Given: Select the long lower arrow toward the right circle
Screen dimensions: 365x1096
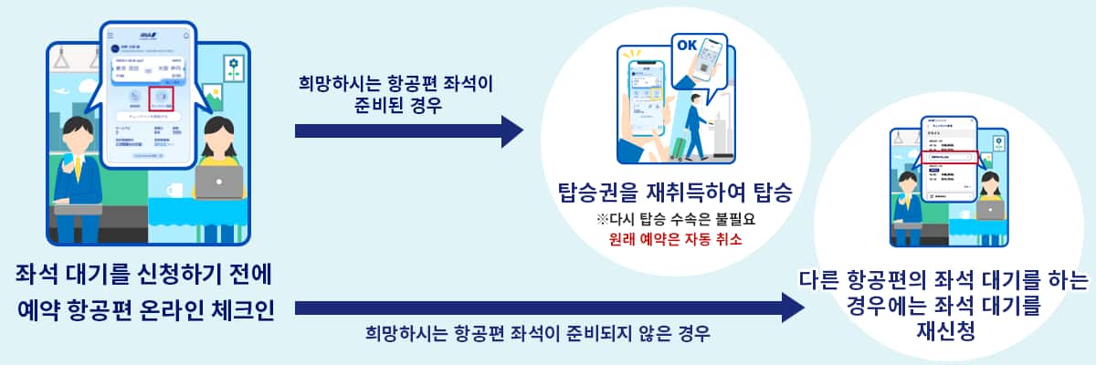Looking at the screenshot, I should [548, 308].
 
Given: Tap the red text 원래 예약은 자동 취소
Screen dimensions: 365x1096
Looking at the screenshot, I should [676, 240].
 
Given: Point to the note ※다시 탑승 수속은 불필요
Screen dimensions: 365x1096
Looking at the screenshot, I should [676, 220].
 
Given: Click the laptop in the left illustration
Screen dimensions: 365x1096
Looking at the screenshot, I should [219, 183].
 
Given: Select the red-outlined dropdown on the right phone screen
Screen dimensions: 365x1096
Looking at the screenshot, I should [950, 156].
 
